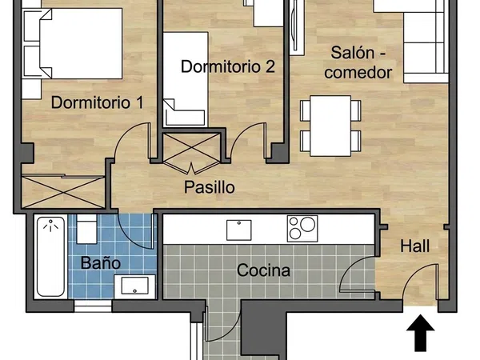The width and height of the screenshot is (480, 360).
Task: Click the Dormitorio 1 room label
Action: [97, 102]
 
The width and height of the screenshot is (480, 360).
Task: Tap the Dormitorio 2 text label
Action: [228, 66]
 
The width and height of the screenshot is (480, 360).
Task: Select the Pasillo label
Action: [210, 187]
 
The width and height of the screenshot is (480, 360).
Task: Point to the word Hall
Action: [414, 246]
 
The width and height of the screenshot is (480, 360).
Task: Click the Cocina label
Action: [263, 270]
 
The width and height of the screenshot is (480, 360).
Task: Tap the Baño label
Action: [101, 262]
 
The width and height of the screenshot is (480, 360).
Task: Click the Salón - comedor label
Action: [358, 62]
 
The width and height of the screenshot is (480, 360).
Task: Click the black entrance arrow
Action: [421, 333]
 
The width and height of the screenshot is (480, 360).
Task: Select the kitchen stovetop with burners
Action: [302, 228]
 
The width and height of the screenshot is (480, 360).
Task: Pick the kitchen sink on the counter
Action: [238, 230]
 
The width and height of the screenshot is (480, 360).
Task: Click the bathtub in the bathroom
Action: [51, 257]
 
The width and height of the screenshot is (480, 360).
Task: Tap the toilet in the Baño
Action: [86, 229]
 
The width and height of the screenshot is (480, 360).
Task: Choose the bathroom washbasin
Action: [134, 286]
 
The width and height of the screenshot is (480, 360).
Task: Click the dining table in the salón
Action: [330, 126]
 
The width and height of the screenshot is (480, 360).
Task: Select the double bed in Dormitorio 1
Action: [73, 43]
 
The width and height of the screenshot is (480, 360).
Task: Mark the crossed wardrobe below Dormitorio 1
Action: [63, 192]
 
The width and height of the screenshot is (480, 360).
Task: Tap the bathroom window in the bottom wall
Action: [93, 306]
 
